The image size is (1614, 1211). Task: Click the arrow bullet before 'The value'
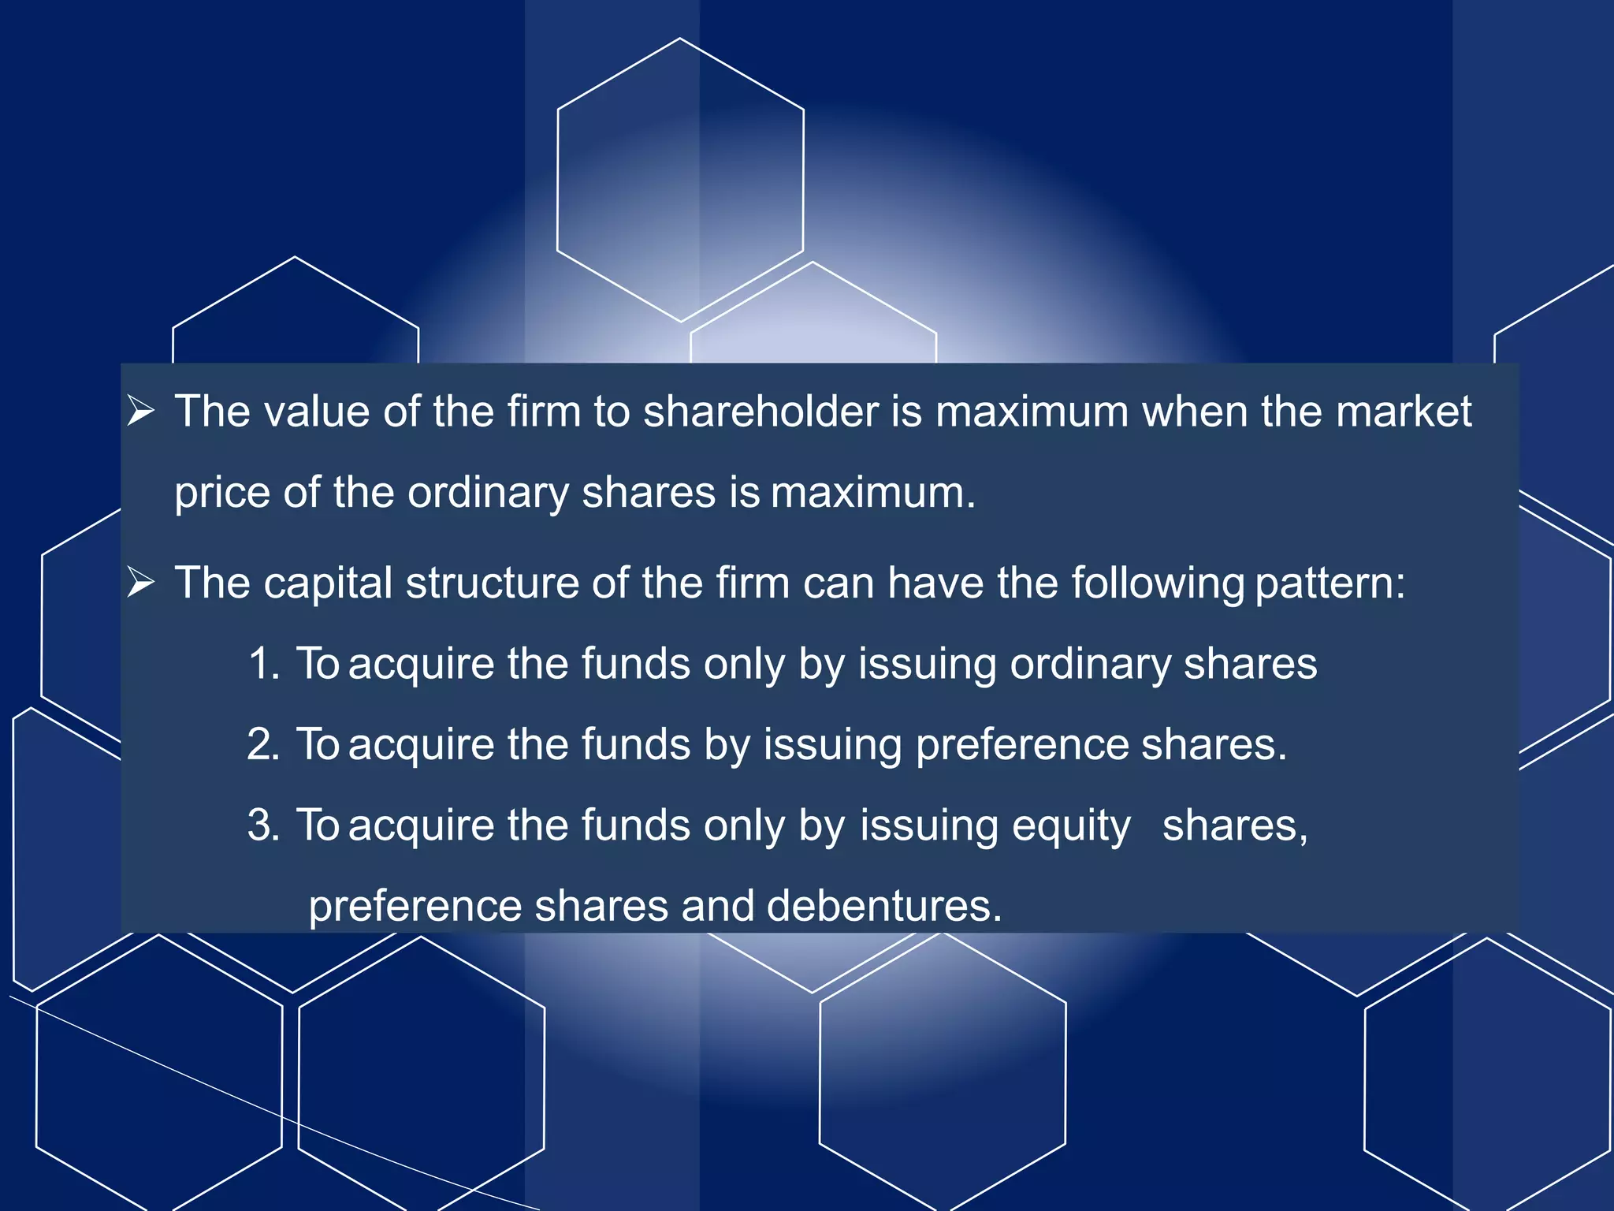point(141,412)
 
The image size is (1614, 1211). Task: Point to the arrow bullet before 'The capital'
point(141,583)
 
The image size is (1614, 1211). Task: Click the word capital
point(328,583)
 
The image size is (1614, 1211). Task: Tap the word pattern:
point(1330,584)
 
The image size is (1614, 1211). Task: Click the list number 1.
point(264,664)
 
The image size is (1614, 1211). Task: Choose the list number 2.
point(264,744)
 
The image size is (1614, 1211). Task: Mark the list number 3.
point(264,825)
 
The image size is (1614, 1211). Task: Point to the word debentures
point(883,906)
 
